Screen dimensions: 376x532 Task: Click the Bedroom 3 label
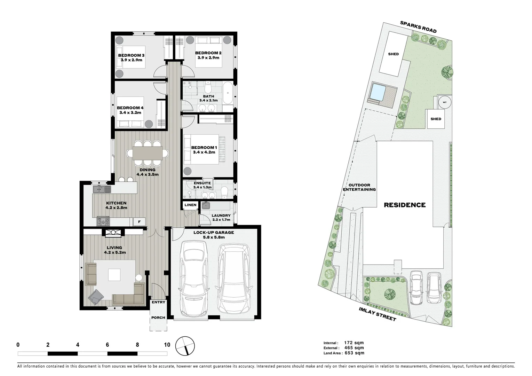coord(131,55)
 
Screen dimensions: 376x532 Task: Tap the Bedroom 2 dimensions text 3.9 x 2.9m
coord(208,57)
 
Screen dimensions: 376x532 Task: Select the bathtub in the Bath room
coord(228,93)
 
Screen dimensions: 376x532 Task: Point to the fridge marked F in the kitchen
coord(140,222)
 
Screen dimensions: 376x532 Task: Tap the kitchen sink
coord(101,189)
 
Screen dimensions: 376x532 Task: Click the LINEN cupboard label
coord(190,205)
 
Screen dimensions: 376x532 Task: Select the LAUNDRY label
coord(221,216)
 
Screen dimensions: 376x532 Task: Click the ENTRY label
coord(158,302)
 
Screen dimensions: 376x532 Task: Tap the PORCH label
coord(158,318)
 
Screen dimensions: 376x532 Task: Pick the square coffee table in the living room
coord(114,274)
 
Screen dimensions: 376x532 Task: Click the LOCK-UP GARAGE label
coord(214,233)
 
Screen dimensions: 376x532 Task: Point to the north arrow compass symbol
coord(185,346)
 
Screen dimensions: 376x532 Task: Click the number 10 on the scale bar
coord(167,345)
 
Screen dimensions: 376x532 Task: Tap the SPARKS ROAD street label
coord(418,27)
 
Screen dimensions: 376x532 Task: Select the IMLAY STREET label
coord(377,314)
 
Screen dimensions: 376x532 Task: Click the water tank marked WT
coord(444,102)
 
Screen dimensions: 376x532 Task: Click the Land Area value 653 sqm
coord(354,353)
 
